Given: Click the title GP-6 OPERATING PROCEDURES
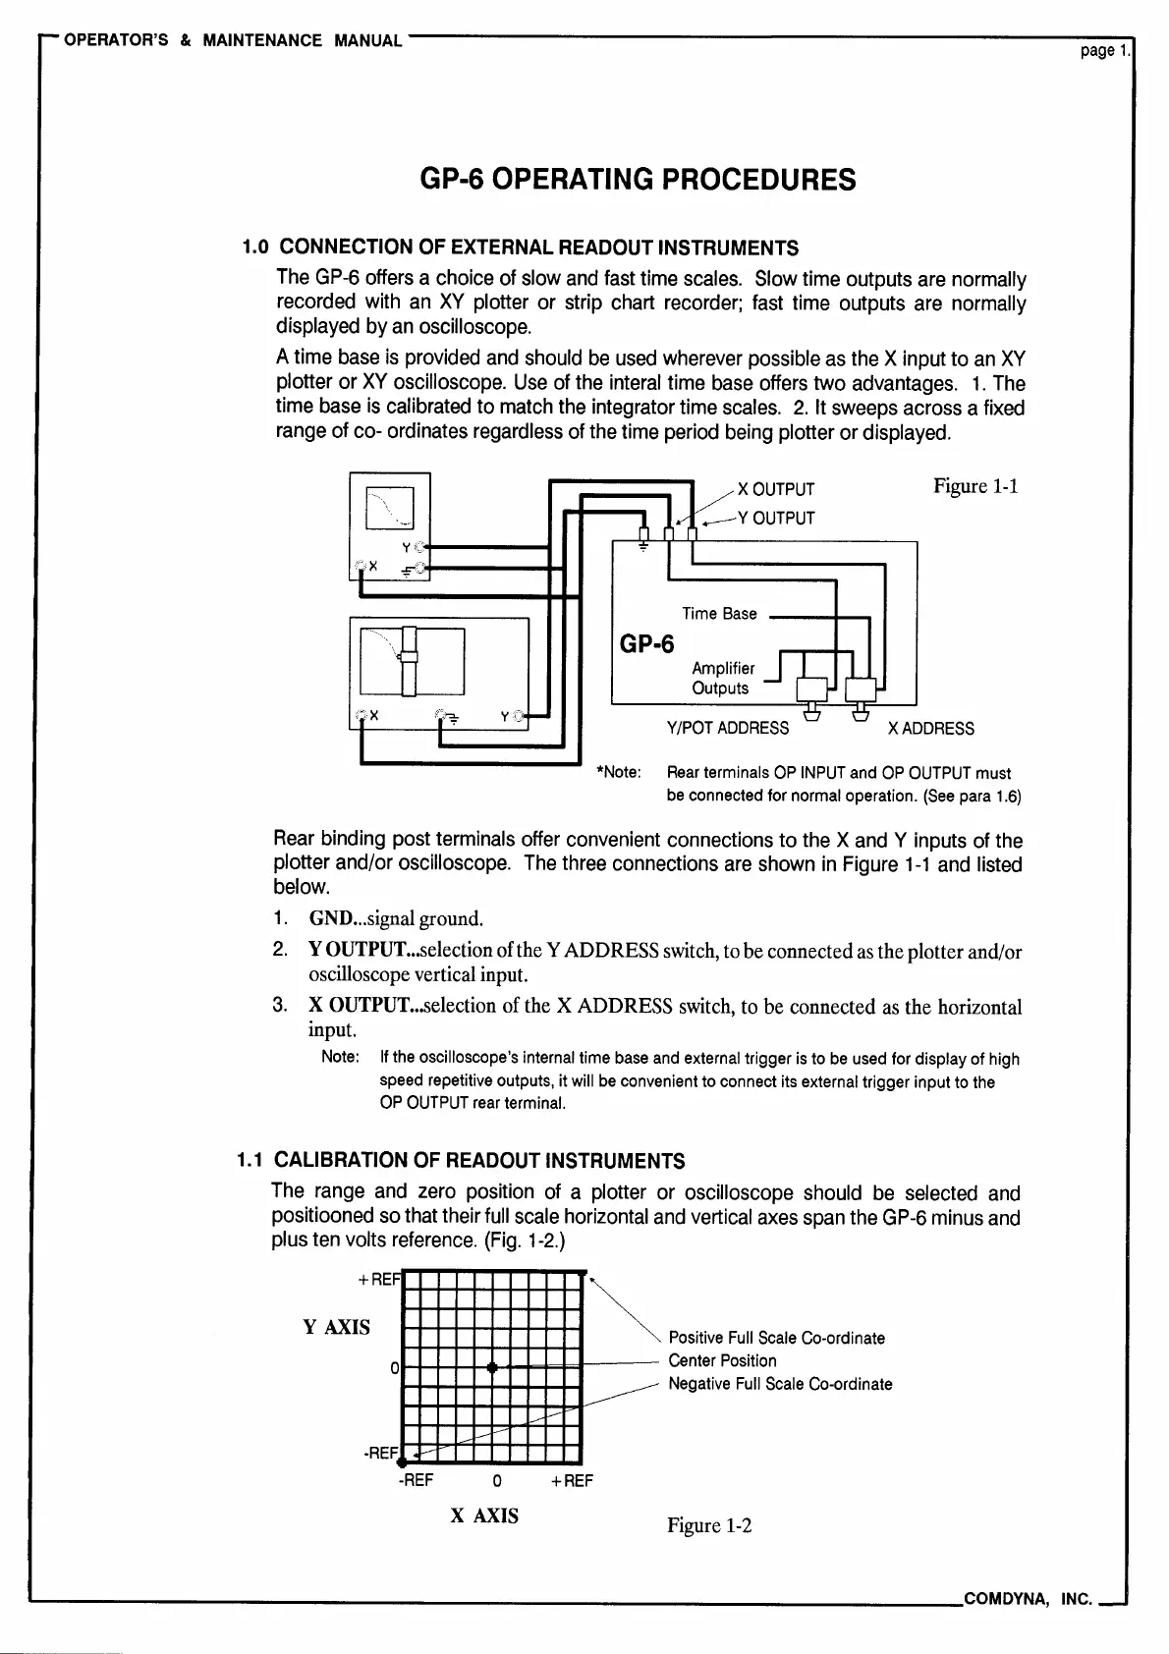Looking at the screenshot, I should tap(638, 180).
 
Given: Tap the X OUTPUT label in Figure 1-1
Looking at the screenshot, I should tap(776, 489).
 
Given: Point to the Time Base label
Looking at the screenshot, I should tap(719, 614).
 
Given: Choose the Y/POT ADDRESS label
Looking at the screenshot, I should tap(727, 728).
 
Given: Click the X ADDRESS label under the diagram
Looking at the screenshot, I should tap(930, 728).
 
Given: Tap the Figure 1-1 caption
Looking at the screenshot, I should tap(974, 485).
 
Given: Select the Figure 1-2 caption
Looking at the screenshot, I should tap(709, 1524).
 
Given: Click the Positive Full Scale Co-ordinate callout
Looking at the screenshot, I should tap(776, 1338).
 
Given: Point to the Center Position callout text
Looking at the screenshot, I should tap(722, 1360).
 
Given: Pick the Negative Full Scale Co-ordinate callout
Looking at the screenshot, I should tap(780, 1384).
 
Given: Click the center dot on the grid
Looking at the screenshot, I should tap(492, 1367).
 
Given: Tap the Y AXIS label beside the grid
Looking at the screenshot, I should tap(337, 1327).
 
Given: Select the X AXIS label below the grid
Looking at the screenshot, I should tap(484, 1516).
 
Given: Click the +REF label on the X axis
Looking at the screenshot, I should tap(572, 1480).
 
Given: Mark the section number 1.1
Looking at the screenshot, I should tap(252, 1160).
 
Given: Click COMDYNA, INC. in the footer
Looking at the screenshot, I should tap(1029, 1600).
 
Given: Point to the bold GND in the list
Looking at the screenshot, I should tap(329, 918).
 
